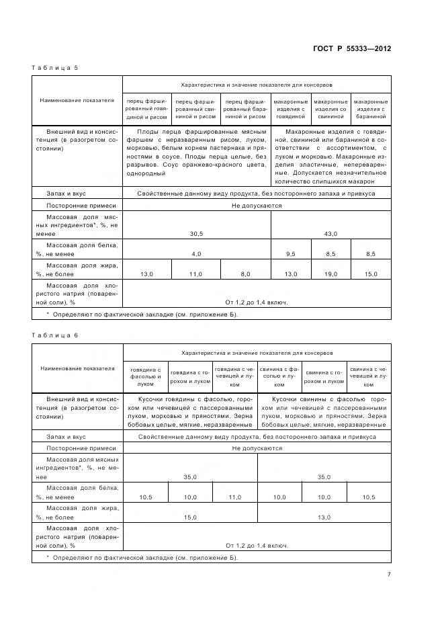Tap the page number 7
click(389, 574)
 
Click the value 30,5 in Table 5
click(196, 233)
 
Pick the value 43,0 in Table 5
click(330, 233)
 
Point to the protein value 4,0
click(196, 254)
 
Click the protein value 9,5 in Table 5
click(290, 254)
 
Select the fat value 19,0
click(330, 274)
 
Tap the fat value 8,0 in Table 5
click(245, 274)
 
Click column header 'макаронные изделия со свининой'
click(330, 108)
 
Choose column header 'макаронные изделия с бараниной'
click(370, 108)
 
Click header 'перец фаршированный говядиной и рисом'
click(147, 108)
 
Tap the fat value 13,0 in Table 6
click(324, 517)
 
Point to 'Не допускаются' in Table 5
click(257, 206)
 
